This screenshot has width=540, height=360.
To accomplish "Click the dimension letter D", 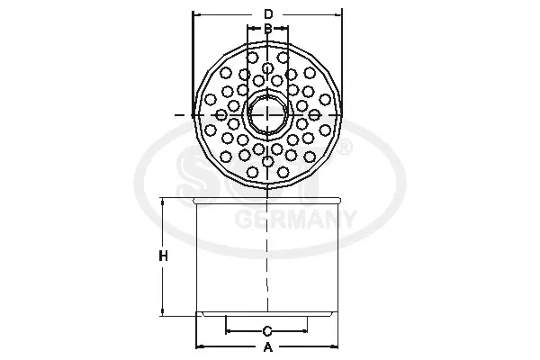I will coord(268,13).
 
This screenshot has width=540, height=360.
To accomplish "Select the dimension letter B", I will coord(268,29).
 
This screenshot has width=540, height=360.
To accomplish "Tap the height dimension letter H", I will coord(163,256).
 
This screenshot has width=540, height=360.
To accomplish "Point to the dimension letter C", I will coord(267,330).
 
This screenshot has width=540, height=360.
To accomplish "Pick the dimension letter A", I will coord(267,346).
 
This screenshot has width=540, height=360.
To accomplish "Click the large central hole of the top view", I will coord(268,114).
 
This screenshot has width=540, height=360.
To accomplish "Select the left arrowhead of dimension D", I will coord(197,14).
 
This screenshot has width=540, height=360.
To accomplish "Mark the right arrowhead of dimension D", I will coord(338,14).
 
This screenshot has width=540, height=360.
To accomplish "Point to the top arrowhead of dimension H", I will coord(163,201).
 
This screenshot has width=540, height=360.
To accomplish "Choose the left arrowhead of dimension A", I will coord(200,346).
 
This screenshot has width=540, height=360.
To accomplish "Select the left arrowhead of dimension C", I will coord(229,330).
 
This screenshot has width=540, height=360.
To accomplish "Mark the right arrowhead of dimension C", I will coord(305,330).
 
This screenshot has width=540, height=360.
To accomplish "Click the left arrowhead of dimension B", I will coord(251,29).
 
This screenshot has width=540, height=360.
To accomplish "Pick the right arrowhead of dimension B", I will coord(286,29).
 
